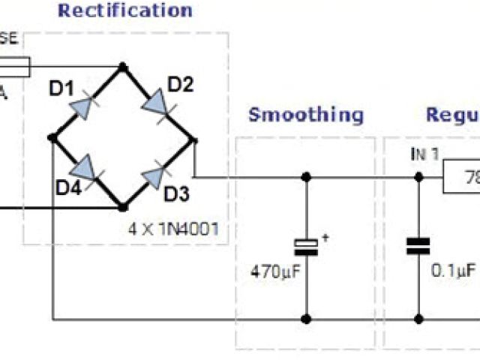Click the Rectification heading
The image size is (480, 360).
point(125,10)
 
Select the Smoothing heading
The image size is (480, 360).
point(306,115)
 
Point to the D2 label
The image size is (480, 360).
point(181,84)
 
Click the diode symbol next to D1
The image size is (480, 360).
point(84,107)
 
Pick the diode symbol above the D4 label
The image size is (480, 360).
point(85,166)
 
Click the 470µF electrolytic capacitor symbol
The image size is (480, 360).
point(306,247)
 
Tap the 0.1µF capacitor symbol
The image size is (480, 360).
point(418,247)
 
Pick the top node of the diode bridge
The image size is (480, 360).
point(122,67)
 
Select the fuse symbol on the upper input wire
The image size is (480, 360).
point(15,68)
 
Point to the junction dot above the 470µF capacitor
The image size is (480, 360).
point(306,178)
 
